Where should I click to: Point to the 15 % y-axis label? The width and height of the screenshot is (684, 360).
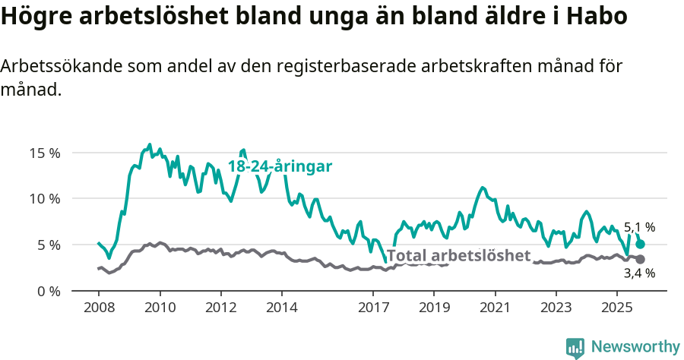[x=45, y=153]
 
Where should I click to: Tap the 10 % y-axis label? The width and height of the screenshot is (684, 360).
[x=45, y=199]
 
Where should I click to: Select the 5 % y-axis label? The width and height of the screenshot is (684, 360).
[x=49, y=245]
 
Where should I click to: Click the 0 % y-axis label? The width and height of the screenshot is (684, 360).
[x=49, y=292]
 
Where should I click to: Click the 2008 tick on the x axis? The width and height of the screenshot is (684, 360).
[x=99, y=308]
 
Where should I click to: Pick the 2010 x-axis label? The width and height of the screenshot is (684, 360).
[x=160, y=308]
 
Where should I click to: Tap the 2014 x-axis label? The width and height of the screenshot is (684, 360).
[x=281, y=308]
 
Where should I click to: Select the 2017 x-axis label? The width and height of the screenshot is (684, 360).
[x=373, y=308]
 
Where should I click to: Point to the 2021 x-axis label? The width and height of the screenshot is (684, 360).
[x=495, y=308]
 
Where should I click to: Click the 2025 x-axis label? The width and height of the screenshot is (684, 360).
[x=616, y=308]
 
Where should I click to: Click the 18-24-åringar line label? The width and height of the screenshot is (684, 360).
[x=280, y=167]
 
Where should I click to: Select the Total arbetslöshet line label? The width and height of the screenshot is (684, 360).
[x=458, y=255]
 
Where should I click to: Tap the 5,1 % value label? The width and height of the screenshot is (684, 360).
[x=639, y=227]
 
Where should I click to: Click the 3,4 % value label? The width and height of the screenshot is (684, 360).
[x=639, y=273]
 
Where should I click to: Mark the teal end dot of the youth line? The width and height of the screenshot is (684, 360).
[x=641, y=244]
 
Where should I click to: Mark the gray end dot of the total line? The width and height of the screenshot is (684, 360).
[x=641, y=260]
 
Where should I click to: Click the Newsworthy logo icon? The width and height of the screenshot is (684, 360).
[x=575, y=347]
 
